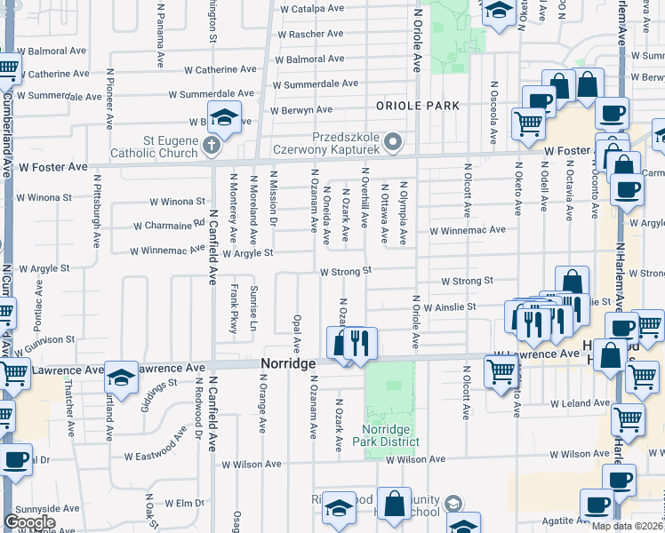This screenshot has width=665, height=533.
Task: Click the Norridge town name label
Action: pyautogui.click(x=288, y=364)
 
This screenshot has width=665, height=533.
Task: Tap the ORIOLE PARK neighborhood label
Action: pyautogui.click(x=418, y=106)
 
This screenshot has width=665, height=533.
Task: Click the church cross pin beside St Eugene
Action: pyautogui.click(x=212, y=145)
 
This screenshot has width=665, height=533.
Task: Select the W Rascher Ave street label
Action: pyautogui.click(x=310, y=34)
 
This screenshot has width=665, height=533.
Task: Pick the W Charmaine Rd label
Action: pyautogui.click(x=177, y=226)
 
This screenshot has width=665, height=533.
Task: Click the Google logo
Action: pyautogui.click(x=30, y=522)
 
